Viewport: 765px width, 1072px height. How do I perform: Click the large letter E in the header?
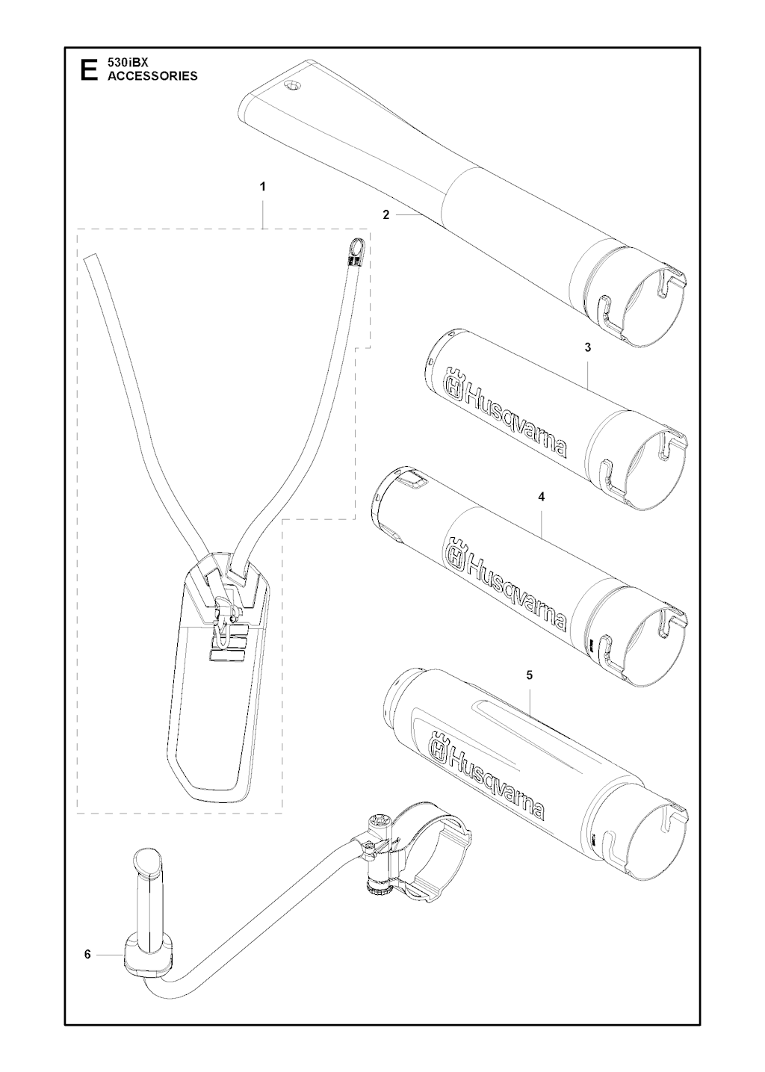(89, 69)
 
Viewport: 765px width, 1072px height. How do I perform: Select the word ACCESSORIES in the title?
(152, 76)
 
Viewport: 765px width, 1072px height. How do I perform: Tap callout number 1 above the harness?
(262, 187)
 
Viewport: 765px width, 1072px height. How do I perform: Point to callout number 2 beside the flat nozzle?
(385, 215)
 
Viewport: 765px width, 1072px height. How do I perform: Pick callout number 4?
(542, 498)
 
